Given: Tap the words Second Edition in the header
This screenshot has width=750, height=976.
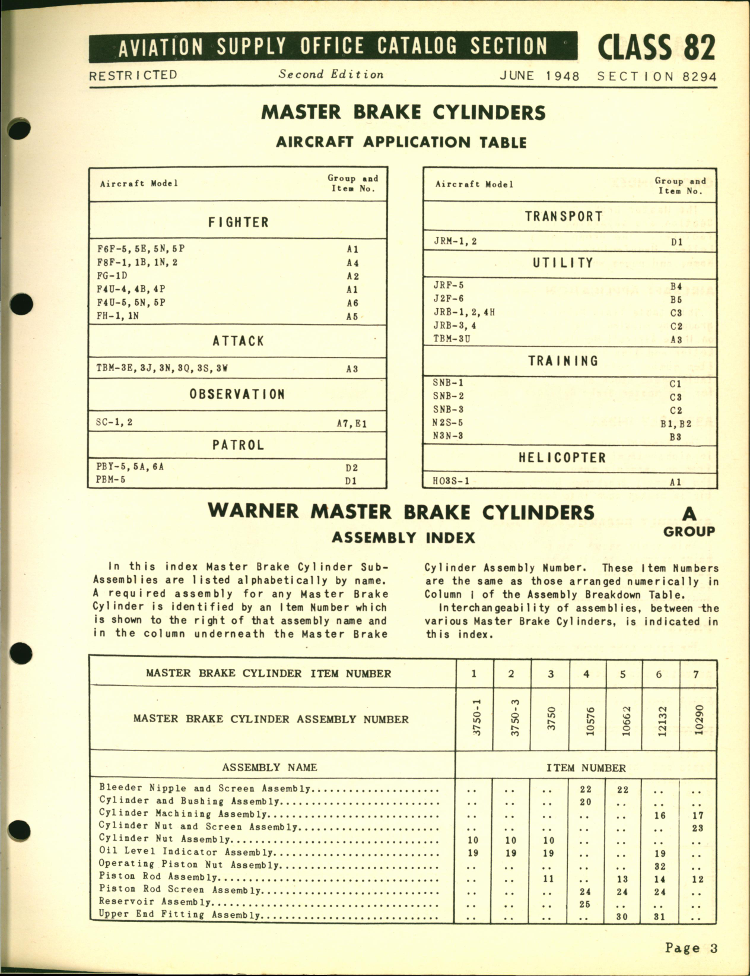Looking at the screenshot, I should [x=331, y=75].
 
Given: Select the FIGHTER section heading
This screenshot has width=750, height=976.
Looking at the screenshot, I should [x=238, y=222].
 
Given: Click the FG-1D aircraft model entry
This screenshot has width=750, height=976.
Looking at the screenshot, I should [x=112, y=276].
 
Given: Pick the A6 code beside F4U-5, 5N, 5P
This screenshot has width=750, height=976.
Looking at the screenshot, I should [x=352, y=303].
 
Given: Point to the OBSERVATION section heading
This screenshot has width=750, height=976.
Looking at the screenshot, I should [x=237, y=394].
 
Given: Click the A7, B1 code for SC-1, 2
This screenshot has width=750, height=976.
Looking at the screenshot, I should [x=352, y=423].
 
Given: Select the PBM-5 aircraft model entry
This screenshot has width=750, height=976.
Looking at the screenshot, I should [x=110, y=480].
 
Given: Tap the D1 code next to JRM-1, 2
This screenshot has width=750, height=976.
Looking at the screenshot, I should [x=676, y=242].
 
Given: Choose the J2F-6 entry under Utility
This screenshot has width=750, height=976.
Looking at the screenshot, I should [x=449, y=299].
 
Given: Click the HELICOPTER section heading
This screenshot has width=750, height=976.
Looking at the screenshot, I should [x=562, y=458].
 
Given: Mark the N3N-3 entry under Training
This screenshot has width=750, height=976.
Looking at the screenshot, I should [x=448, y=436].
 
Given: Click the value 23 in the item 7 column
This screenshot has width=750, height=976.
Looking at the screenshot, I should [x=697, y=828].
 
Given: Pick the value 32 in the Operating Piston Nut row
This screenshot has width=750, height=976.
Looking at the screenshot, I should [x=660, y=866].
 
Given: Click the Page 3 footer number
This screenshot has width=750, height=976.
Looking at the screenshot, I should [x=691, y=948].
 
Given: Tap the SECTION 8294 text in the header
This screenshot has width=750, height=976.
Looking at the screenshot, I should [x=656, y=77].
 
